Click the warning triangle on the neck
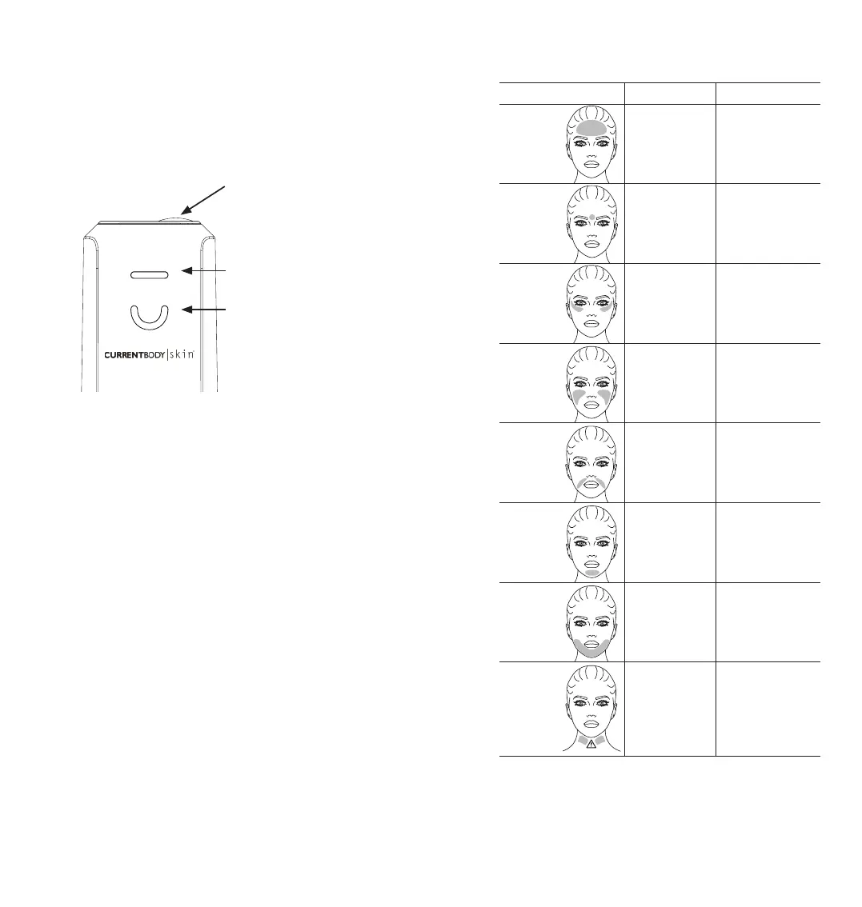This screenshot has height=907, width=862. pyautogui.click(x=591, y=744)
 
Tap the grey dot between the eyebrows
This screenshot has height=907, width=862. pyautogui.click(x=591, y=218)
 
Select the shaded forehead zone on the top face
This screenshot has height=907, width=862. pyautogui.click(x=591, y=127)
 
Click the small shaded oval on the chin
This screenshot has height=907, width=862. pyautogui.click(x=591, y=572)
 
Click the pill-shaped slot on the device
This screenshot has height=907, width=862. pyautogui.click(x=150, y=274)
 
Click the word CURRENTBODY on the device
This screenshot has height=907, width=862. pyautogui.click(x=134, y=356)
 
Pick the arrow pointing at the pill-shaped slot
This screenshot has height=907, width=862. pyautogui.click(x=207, y=272)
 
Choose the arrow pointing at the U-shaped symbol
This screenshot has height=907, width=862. pyautogui.click(x=207, y=310)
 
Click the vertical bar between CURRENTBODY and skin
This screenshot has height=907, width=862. pyautogui.click(x=167, y=356)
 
